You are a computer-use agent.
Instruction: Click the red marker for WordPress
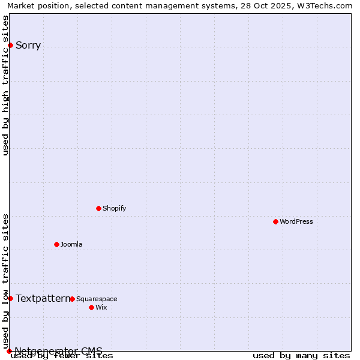(275, 221)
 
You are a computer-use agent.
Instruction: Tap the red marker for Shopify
(98, 208)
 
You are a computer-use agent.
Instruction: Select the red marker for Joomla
(56, 244)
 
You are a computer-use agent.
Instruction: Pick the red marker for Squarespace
(72, 299)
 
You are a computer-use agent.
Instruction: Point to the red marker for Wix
(91, 307)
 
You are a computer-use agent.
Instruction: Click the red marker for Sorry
(10, 45)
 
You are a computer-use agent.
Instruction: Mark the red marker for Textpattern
(10, 298)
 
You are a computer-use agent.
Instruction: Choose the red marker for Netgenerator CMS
(9, 351)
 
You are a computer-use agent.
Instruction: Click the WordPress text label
(296, 221)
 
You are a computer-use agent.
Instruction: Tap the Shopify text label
(114, 208)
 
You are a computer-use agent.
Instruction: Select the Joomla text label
(71, 244)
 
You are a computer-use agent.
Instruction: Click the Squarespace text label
(97, 299)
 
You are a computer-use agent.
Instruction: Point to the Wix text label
(101, 307)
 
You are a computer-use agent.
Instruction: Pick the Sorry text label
(28, 46)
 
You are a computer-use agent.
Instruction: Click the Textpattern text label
(43, 298)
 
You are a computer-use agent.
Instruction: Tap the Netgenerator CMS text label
(58, 351)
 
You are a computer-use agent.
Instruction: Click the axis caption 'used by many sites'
(301, 356)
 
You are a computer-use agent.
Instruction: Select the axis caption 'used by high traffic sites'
(5, 85)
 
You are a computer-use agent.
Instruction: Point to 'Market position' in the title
(36, 5)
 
